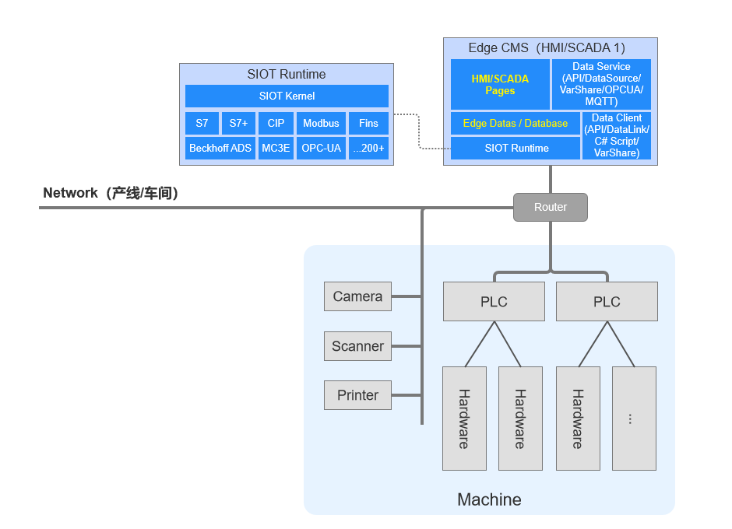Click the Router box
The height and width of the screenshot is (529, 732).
pyautogui.click(x=550, y=207)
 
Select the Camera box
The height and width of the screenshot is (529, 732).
pyautogui.click(x=357, y=296)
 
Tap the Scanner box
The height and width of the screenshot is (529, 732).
pyautogui.click(x=357, y=346)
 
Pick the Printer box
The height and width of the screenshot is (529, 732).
pyautogui.click(x=357, y=395)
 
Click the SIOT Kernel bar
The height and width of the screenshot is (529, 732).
pyautogui.click(x=287, y=96)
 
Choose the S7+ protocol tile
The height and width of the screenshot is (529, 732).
pyautogui.click(x=238, y=124)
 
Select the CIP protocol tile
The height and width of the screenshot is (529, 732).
pyautogui.click(x=276, y=124)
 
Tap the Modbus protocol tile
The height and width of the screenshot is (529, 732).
pyautogui.click(x=321, y=124)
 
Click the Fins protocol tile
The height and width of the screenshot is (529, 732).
pyautogui.click(x=368, y=124)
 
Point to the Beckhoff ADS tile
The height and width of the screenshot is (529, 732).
pyautogui.click(x=220, y=148)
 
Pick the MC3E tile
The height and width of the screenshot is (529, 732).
pyautogui.click(x=276, y=148)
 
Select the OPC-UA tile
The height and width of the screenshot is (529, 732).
pyautogui.click(x=321, y=148)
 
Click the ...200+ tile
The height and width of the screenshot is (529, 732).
pyautogui.click(x=368, y=148)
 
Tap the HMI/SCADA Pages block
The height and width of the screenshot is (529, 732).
pyautogui.click(x=499, y=85)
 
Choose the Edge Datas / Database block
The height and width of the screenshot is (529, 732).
pyautogui.click(x=515, y=124)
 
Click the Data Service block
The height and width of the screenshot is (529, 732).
pyautogui.click(x=601, y=84)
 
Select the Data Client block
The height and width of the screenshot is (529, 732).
pyautogui.click(x=616, y=135)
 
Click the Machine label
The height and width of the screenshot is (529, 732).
pyautogui.click(x=489, y=499)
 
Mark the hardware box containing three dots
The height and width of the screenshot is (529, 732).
pyautogui.click(x=634, y=419)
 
